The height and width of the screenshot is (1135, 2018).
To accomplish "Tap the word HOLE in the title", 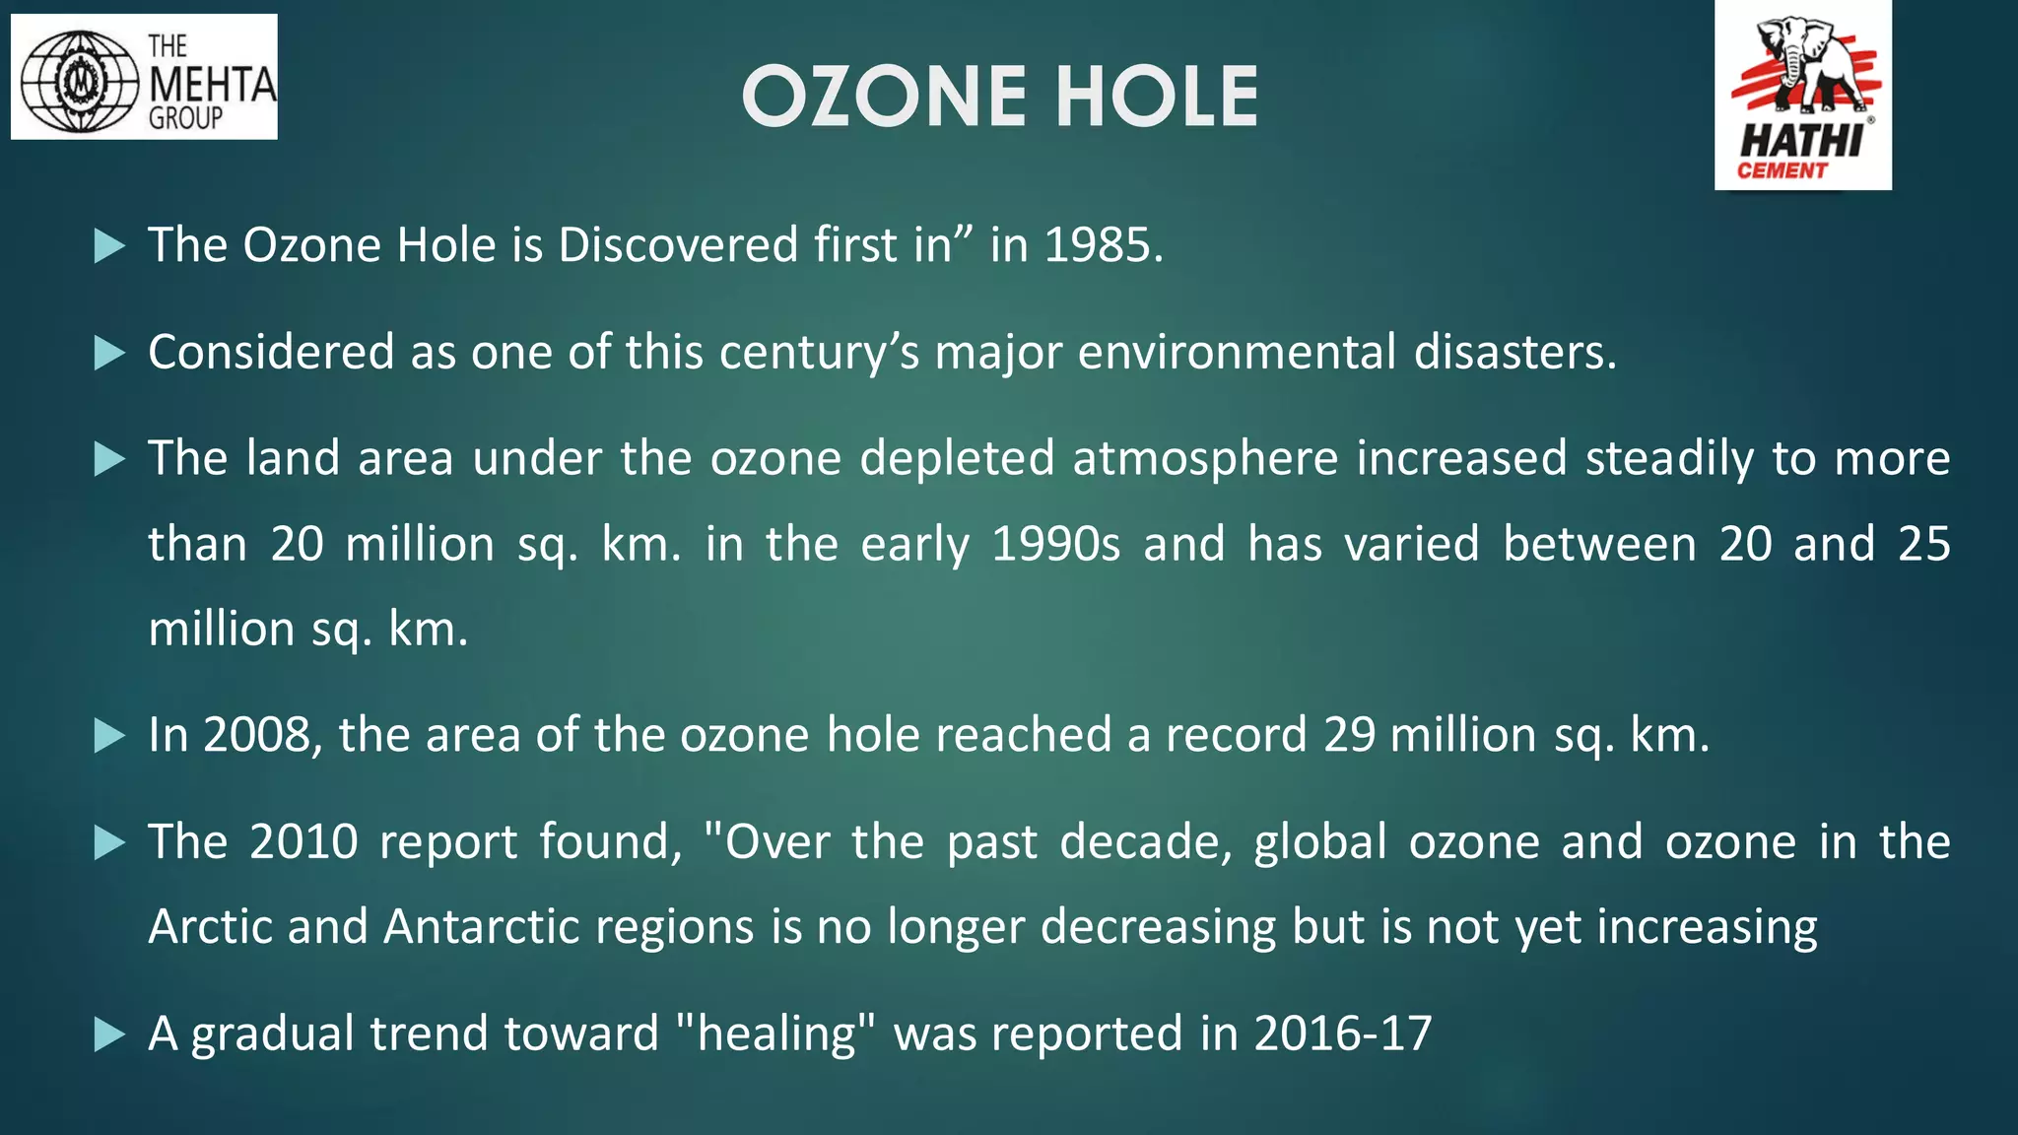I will pos(1157,97).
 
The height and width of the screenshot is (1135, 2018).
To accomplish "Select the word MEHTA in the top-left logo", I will pos(212,85).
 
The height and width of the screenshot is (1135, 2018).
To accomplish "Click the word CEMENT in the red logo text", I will pos(1782,170).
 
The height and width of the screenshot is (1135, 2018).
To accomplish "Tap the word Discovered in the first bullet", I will pos(678,244).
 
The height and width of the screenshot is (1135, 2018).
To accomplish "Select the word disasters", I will pos(1514,352).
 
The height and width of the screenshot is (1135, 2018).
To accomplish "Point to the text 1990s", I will pos(1055,544).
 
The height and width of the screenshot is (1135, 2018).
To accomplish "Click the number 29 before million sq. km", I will pos(1349,735).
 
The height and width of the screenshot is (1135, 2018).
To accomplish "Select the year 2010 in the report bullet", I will pos(303,842).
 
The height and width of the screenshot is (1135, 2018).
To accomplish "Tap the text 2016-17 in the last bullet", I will pos(1342,1034).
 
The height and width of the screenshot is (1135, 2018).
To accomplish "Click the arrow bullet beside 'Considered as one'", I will pos(109,353).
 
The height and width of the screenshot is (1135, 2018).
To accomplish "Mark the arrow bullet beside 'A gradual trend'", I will pos(109,1035).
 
